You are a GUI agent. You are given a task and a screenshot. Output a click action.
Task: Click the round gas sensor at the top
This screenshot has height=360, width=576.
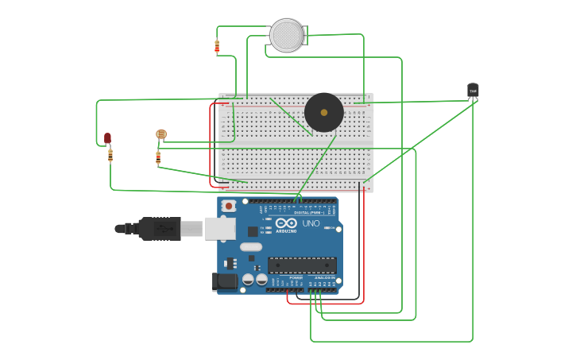(x=287, y=36)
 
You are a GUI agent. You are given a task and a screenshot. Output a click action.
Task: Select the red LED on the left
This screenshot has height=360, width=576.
(x=107, y=138)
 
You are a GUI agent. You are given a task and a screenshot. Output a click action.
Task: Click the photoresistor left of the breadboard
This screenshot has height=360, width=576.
(x=161, y=134)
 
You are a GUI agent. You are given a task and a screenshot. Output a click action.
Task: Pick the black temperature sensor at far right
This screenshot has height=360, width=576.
(x=473, y=91)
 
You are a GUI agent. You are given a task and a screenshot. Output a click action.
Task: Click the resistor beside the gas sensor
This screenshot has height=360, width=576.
(x=217, y=47)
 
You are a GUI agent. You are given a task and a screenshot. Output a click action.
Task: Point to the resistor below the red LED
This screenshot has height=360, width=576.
(x=110, y=155)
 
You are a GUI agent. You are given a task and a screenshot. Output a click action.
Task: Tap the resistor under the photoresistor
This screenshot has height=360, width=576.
(x=158, y=157)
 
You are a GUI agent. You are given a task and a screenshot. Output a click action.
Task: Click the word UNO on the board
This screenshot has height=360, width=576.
(x=311, y=223)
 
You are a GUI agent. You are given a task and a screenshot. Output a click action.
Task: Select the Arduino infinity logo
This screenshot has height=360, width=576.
(x=286, y=223)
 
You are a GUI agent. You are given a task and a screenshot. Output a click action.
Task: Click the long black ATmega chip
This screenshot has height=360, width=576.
(x=302, y=265)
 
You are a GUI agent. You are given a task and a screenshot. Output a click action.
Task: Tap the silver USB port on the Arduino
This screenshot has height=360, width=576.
(x=220, y=229)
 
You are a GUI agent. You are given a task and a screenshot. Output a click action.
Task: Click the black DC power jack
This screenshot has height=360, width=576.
(x=225, y=281)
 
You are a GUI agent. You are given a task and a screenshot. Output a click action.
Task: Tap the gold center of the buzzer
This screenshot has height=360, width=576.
(x=324, y=112)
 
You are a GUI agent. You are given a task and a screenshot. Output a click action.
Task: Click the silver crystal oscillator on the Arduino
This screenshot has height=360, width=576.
(x=251, y=247)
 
